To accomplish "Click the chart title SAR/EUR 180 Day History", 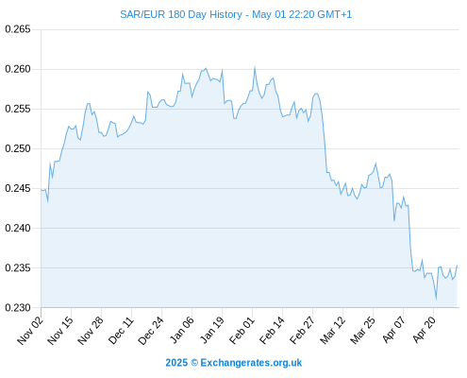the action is coord(181,14).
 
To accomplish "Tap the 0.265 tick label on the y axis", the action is coord(18,29).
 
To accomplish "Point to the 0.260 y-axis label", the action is coord(18,69).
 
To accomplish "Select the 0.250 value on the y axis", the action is coord(18,148).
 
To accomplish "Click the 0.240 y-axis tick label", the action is coord(18,228).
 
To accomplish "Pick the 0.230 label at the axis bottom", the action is coord(18,307).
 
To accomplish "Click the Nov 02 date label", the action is coord(29,330).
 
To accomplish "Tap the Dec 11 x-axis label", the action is coord(121,330).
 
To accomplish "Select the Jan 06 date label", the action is coord(181,330).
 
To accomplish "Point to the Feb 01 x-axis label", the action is coord(242,330).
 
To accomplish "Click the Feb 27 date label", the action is coord(302,330).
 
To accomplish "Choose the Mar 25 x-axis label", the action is coord(362,330).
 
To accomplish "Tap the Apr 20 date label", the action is coord(424,330).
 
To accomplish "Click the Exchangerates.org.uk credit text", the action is coord(251,363).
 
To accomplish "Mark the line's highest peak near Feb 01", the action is coord(255,67).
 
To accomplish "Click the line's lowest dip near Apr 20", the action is coord(436,299).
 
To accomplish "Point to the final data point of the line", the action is coord(457,266).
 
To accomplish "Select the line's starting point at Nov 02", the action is coord(42,190).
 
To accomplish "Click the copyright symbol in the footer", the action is coord(194,363).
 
